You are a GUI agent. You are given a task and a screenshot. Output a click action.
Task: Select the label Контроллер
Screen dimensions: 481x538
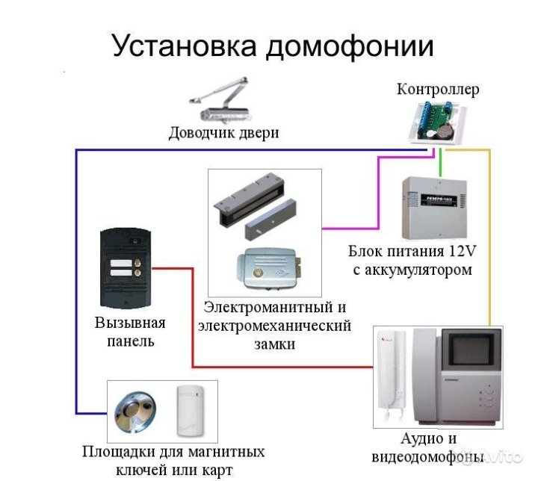click(438, 90)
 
